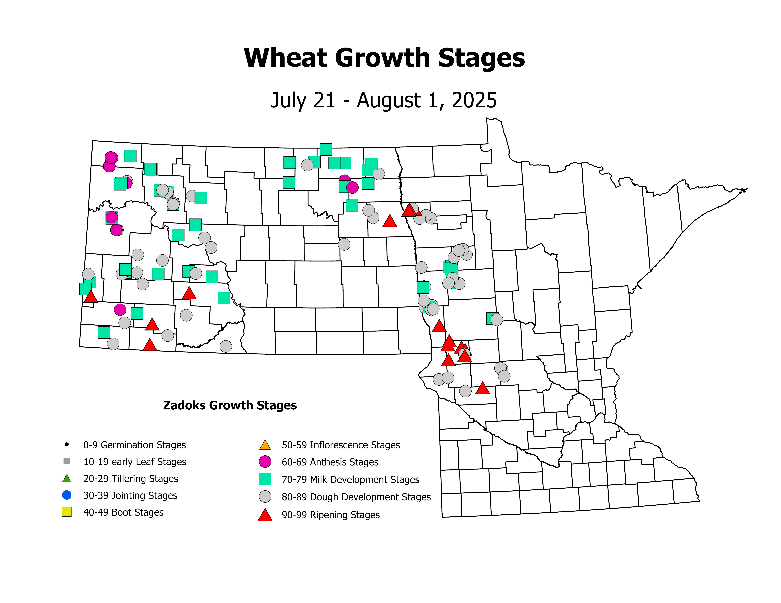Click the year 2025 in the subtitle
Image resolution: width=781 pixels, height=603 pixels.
coord(474,100)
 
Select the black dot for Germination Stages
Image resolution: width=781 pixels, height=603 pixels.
coord(67,445)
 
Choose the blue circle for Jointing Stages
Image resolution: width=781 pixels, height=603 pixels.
coord(67,495)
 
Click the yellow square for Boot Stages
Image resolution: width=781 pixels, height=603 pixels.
coord(67,512)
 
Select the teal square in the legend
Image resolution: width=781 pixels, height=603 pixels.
coord(265,479)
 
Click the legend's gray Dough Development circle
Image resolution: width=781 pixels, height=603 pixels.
coord(265,497)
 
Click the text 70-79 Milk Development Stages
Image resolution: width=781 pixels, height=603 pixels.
coord(351,479)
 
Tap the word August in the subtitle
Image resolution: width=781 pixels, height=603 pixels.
coord(388,100)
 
